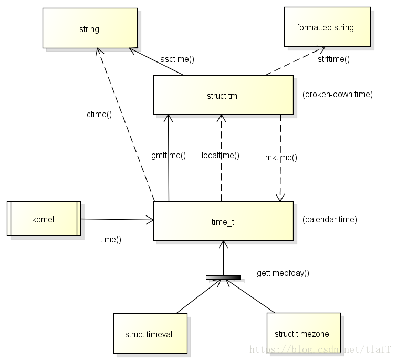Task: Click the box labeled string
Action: [x=90, y=29]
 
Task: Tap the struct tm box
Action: [x=223, y=95]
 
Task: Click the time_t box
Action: [x=223, y=221]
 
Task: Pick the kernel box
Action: [x=44, y=219]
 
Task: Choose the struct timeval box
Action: [x=150, y=334]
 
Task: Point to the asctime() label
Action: [x=177, y=59]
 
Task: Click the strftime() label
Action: [x=333, y=59]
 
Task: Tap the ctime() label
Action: [x=99, y=114]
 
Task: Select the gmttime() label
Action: [x=169, y=155]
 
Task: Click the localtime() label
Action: [x=221, y=155]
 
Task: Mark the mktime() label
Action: [x=281, y=157]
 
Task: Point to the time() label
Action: [x=111, y=239]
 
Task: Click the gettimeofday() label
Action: [x=283, y=273]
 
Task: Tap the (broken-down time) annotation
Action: [x=338, y=95]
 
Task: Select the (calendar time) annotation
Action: [x=330, y=220]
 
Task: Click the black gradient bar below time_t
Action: [x=223, y=277]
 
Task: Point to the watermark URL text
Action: [x=320, y=349]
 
